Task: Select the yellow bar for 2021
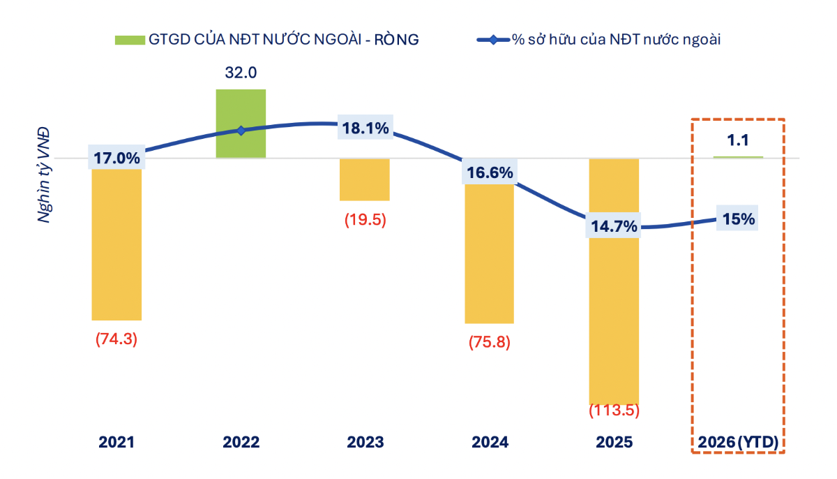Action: coord(116,244)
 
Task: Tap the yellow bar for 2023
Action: coord(364,180)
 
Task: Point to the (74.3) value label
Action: coord(116,339)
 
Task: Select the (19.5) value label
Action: coord(365,219)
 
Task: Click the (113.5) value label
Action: coord(614,411)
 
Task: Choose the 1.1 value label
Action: coord(737,140)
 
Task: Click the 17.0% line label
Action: coord(116,158)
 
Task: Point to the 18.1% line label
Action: coord(365,128)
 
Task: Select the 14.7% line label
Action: coord(614,226)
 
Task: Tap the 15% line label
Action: coord(738,219)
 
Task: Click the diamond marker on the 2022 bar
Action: coord(241,131)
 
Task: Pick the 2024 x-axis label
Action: coord(489,442)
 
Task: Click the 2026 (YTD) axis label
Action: coord(737,442)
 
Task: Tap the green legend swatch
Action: coord(130,40)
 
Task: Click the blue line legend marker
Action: coord(493,40)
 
